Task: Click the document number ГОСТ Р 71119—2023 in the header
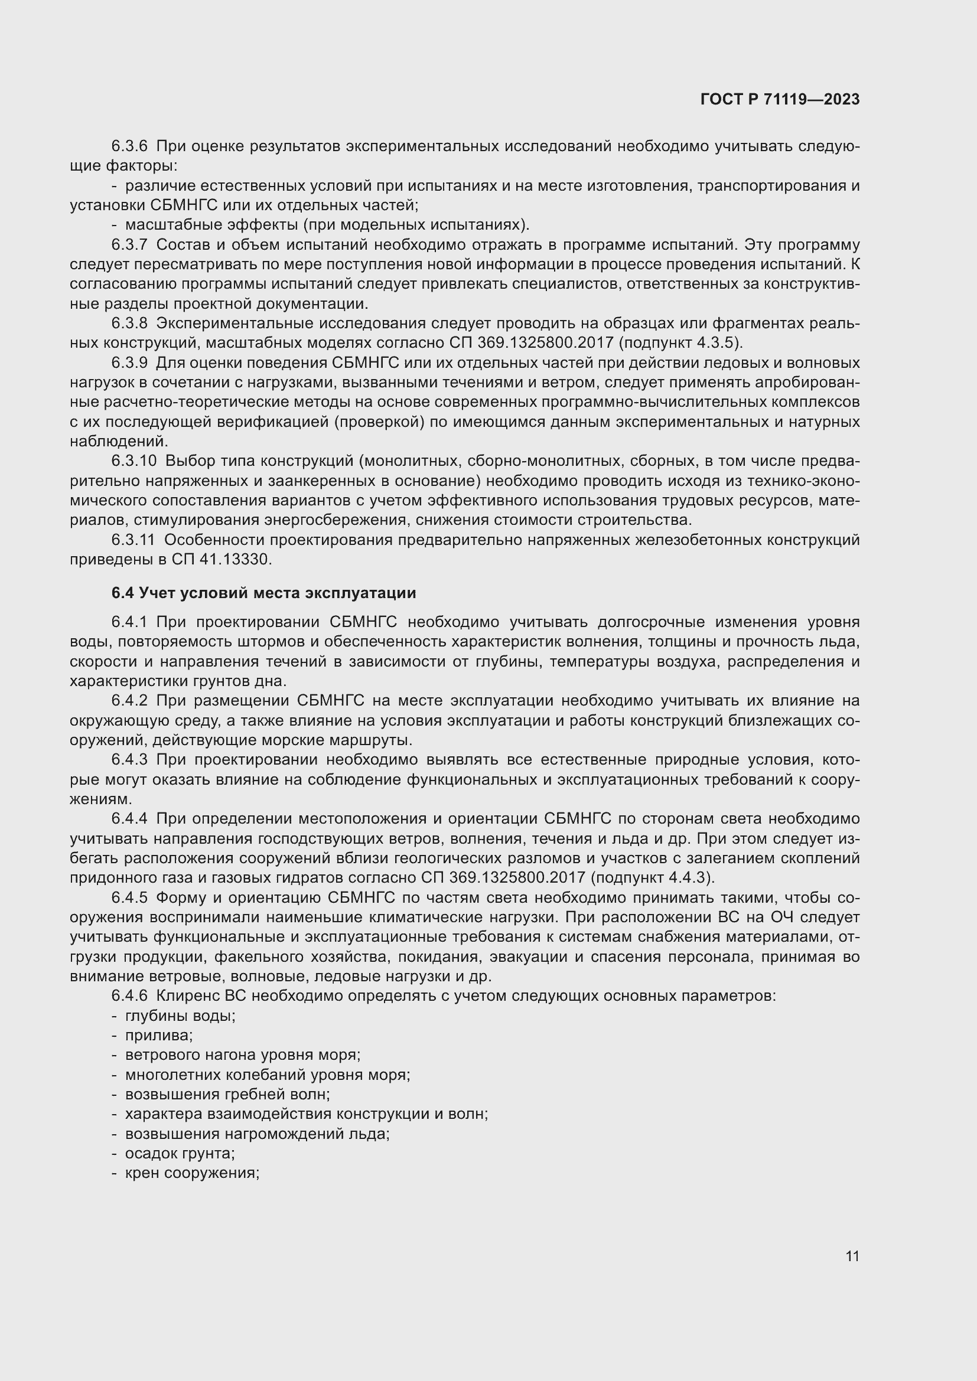click(780, 100)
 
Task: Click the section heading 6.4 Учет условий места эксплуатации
click(263, 593)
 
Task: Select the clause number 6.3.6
click(129, 146)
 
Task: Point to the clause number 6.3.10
click(133, 461)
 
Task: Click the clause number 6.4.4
click(129, 818)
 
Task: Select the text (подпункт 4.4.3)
click(653, 877)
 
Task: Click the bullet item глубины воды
click(180, 1016)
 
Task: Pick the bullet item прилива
click(159, 1036)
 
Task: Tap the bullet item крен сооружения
click(192, 1173)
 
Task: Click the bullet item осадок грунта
click(180, 1153)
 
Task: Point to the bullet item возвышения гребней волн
click(227, 1094)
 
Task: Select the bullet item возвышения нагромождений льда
click(257, 1134)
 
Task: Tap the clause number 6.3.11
click(133, 540)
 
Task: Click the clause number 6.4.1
click(129, 622)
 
